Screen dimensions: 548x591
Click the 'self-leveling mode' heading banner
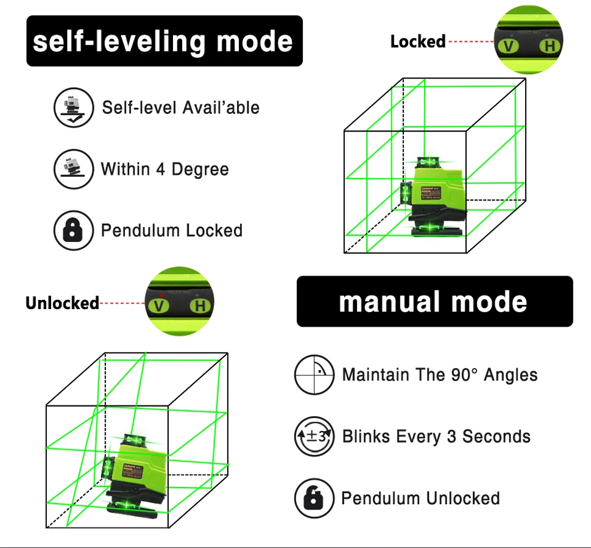coord(164,41)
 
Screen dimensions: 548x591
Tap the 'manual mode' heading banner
coord(434,302)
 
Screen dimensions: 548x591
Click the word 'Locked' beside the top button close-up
coord(417,42)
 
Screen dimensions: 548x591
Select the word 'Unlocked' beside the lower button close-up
coord(62,303)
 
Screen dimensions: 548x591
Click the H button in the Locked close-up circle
coord(550,46)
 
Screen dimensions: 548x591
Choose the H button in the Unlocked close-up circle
coord(199,305)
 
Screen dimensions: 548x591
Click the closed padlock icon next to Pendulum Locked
coord(73,230)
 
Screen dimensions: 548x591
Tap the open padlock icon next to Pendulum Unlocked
coord(314,498)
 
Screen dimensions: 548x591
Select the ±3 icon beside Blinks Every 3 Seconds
coord(314,436)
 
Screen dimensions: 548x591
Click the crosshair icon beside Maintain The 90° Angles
coord(314,374)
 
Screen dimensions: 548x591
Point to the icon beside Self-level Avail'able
coord(73,107)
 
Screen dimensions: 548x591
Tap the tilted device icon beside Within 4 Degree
coord(73,169)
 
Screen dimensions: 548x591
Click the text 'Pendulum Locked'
coord(172,230)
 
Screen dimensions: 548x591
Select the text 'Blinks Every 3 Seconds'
coord(436,436)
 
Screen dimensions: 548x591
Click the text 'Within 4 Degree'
coord(165,169)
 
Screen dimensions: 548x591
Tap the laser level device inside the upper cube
coord(434,196)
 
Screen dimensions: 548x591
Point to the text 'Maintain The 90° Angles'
coord(440,374)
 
